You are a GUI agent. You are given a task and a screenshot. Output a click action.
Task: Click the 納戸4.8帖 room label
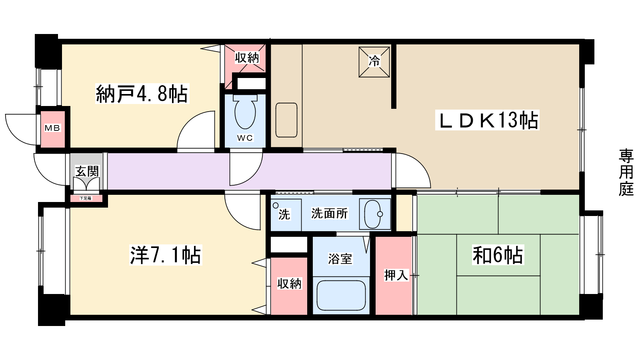(x=142, y=94)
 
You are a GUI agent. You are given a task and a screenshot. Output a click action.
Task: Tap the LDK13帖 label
(x=488, y=120)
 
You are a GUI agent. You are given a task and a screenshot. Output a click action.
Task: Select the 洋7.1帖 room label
(x=165, y=255)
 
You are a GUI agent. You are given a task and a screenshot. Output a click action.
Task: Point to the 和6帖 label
(x=498, y=255)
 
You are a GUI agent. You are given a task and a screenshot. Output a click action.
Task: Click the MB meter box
(x=52, y=128)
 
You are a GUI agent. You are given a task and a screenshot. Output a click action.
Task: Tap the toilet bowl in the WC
(x=245, y=113)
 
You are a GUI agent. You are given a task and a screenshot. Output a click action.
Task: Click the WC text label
(x=245, y=138)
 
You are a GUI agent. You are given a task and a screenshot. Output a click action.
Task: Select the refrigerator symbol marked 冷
(x=374, y=62)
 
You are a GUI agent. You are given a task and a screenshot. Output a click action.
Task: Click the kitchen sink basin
(x=286, y=120)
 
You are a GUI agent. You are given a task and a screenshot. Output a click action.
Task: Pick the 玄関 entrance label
(x=87, y=171)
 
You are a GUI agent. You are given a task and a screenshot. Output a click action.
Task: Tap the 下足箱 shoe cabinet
(x=86, y=198)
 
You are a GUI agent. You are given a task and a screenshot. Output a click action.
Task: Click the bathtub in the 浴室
(x=341, y=296)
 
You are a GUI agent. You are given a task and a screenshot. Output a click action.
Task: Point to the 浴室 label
(x=340, y=259)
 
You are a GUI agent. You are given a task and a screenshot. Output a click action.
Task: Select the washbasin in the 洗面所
(x=375, y=214)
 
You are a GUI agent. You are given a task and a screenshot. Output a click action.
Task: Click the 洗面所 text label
(x=329, y=213)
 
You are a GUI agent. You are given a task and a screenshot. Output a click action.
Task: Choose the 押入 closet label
(x=396, y=275)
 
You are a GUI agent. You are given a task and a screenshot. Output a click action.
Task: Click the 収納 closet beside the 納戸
(x=247, y=58)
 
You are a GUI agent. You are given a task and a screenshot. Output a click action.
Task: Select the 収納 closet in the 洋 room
(x=289, y=284)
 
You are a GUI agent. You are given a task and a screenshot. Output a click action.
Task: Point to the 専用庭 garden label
(x=626, y=172)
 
